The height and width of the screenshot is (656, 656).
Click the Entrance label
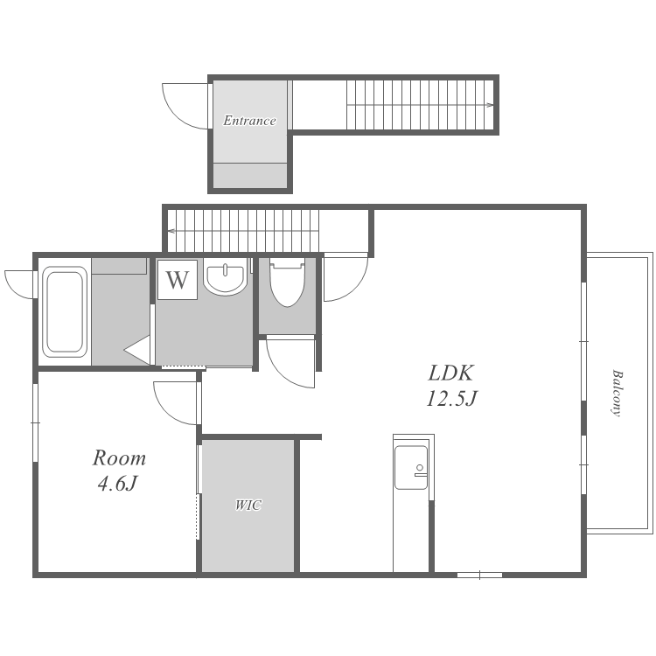[249, 121]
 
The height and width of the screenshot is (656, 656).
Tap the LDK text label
[450, 373]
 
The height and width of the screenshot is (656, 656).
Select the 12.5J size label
[452, 398]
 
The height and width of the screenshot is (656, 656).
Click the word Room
[119, 458]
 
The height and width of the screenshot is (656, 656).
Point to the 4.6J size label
[117, 484]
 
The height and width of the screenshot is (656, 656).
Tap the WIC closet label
[248, 505]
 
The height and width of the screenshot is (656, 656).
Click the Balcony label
[616, 393]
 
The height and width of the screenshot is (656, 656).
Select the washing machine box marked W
[178, 280]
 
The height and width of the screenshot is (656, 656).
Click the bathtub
[65, 312]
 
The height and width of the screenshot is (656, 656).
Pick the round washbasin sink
[226, 276]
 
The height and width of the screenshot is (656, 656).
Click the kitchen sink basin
[411, 467]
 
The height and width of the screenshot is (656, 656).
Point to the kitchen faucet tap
[420, 471]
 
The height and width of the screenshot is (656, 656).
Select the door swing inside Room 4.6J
[176, 403]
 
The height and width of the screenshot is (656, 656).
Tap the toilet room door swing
[290, 363]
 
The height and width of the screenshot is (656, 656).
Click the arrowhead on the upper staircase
[490, 105]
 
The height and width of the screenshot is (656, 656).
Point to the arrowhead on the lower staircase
[171, 231]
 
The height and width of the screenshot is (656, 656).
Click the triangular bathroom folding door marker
[137, 350]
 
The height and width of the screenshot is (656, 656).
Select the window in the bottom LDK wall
[479, 576]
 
